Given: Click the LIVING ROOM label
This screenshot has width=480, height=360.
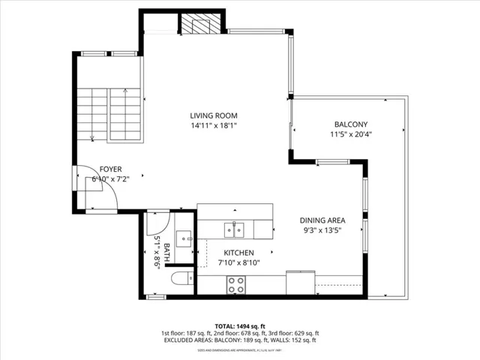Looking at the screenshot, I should click(213, 115).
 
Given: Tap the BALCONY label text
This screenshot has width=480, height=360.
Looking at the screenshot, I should click(351, 124).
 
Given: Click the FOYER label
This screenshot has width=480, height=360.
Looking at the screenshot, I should click(110, 170).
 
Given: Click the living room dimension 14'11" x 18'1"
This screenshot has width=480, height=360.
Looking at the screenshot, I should click(213, 126).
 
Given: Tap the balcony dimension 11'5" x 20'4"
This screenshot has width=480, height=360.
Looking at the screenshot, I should click(351, 135).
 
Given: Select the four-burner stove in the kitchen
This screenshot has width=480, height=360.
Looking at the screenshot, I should click(237, 284).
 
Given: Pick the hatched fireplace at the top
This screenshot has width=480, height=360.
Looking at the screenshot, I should click(201, 24).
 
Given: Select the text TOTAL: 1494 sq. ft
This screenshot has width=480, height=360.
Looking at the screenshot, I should click(239, 326).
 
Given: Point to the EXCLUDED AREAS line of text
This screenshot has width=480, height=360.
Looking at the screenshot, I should click(239, 340).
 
